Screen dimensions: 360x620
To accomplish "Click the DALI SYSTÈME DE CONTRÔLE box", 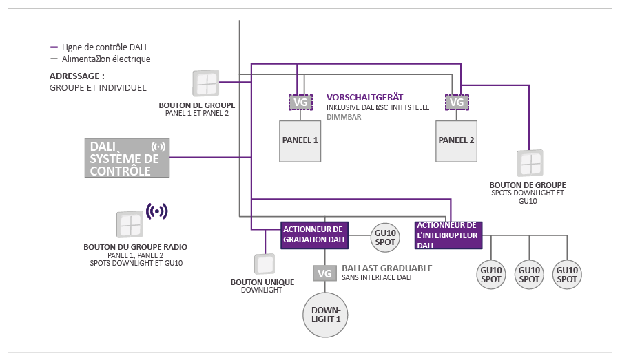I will [127, 158].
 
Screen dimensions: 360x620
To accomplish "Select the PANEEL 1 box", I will [300, 140].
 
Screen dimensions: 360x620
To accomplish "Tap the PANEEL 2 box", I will [457, 140].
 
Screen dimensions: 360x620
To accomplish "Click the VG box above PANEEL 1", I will [300, 103].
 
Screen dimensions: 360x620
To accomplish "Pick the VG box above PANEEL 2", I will [456, 103].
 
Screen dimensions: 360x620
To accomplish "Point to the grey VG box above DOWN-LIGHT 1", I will [324, 273].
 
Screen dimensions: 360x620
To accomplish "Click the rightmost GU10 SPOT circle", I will [567, 274].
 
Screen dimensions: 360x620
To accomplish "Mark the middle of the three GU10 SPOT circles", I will [529, 274].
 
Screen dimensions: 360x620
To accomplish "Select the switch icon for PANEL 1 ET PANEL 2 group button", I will [205, 83].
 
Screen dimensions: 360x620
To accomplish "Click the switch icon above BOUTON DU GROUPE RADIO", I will [130, 224].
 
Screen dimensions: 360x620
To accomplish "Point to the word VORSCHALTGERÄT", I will [364, 97].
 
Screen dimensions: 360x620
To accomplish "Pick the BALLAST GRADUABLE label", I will [387, 268].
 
